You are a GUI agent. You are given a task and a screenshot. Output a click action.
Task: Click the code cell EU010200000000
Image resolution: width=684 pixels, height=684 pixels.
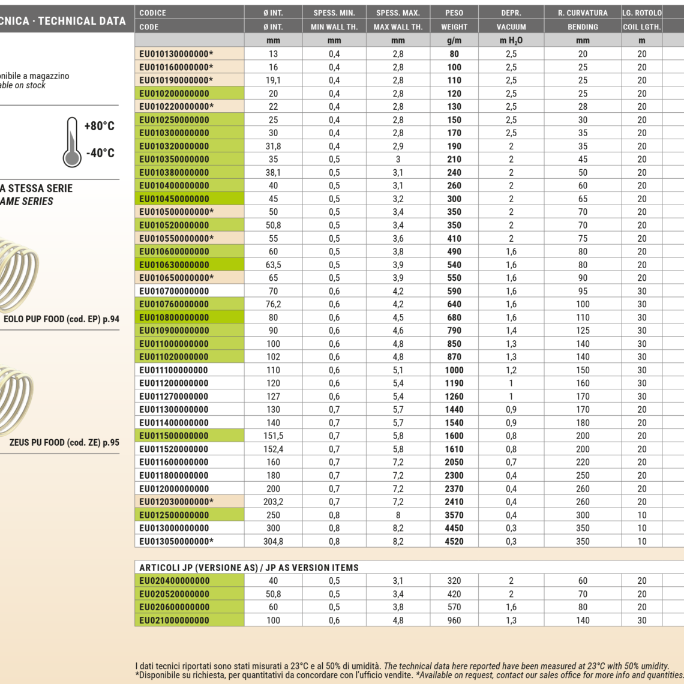pos(175,94)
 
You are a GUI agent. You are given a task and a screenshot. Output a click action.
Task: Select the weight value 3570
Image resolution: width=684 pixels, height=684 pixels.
pos(454,515)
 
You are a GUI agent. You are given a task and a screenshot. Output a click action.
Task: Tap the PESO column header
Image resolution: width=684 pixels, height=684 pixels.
pos(454,13)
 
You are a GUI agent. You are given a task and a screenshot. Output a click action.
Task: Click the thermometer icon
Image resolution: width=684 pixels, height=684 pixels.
pos(72,142)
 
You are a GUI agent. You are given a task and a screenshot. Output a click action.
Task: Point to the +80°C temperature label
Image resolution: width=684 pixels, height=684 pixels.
pos(99,126)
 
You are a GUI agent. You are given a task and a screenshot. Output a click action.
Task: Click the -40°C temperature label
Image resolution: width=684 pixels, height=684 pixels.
pos(100,153)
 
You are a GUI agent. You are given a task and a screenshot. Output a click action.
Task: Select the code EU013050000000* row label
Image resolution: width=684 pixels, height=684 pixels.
pos(176,541)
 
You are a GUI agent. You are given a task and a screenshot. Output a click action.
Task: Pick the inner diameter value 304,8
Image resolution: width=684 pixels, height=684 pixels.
pos(273,541)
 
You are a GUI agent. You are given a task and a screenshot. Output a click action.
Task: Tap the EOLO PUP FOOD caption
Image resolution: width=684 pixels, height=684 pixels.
pos(61,319)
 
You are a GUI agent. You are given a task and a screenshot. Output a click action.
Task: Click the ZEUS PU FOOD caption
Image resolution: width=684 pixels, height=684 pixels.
pos(64,443)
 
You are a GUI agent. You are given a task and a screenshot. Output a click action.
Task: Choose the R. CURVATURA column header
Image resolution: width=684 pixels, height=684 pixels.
pos(583,13)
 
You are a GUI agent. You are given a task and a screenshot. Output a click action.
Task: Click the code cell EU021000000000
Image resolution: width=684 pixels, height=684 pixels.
pos(175,620)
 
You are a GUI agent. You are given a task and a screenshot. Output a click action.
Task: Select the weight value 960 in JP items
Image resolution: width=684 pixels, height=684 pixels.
pos(454,620)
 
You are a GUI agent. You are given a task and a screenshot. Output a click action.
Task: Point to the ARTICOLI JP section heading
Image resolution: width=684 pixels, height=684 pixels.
pos(249,568)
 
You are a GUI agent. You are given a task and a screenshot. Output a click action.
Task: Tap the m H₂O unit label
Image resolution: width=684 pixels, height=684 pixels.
pos(511,41)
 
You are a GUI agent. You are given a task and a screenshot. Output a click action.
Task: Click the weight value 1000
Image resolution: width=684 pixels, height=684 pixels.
pos(454,370)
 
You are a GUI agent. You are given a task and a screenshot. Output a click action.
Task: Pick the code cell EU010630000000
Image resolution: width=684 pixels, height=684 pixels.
pos(175,265)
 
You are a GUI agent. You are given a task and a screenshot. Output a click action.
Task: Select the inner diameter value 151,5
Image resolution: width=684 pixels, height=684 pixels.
pos(273,436)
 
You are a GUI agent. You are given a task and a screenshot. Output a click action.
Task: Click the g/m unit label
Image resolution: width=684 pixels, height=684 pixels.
pos(454,41)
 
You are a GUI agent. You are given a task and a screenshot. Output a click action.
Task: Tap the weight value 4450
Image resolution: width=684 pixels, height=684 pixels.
pos(454,528)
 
